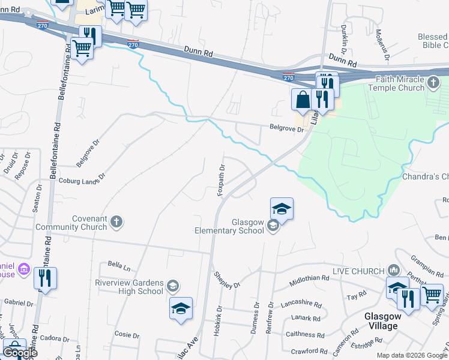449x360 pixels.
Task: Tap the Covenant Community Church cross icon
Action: (117, 223)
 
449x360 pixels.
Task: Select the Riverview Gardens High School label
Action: (128, 287)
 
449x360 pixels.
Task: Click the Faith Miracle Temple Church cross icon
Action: (434, 83)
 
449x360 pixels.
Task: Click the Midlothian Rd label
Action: (309, 279)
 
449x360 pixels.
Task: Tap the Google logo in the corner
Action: (20, 352)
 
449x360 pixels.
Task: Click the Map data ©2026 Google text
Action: (411, 355)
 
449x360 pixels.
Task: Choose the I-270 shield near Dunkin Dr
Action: (289, 77)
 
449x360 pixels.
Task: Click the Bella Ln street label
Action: (115, 264)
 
